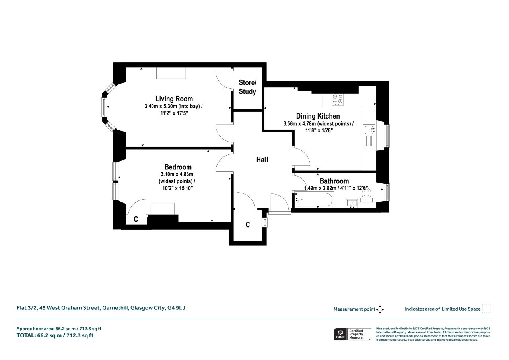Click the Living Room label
[x=174, y=99]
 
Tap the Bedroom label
[x=178, y=167]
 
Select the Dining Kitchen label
[x=318, y=116]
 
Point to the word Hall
[x=262, y=160]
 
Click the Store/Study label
[x=247, y=87]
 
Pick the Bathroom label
[x=334, y=181]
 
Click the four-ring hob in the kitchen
[x=338, y=100]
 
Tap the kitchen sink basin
[x=369, y=130]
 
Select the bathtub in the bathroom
[x=314, y=200]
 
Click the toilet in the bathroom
[x=366, y=195]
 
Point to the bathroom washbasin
[x=352, y=203]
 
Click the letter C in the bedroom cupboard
[x=136, y=219]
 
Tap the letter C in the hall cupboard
[x=248, y=225]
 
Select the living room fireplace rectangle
[x=171, y=73]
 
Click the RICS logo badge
[x=353, y=334]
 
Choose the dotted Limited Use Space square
[x=486, y=309]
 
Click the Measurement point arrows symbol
[x=380, y=309]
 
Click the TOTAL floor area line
[x=55, y=335]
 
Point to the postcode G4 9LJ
[x=176, y=308]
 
